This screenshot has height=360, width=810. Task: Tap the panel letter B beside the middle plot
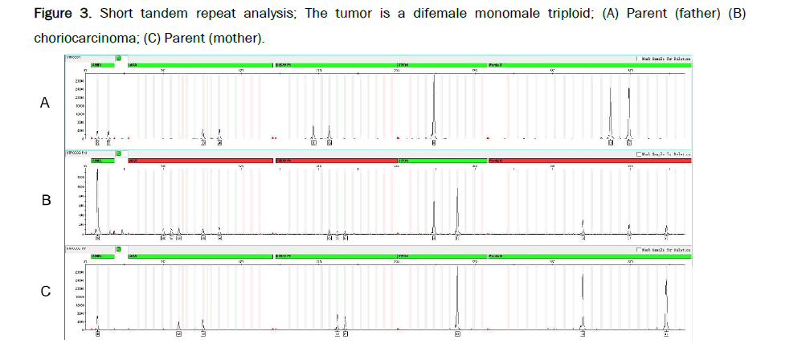click(x=46, y=200)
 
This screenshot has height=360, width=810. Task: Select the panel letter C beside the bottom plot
click(x=46, y=292)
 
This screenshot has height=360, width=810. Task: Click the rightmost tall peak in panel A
click(x=629, y=112)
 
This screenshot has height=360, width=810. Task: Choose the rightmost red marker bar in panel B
click(x=590, y=161)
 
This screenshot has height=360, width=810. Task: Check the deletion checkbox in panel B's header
click(x=638, y=153)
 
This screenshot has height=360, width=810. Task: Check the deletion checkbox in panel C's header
click(x=638, y=250)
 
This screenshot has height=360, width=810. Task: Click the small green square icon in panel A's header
click(x=118, y=59)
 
